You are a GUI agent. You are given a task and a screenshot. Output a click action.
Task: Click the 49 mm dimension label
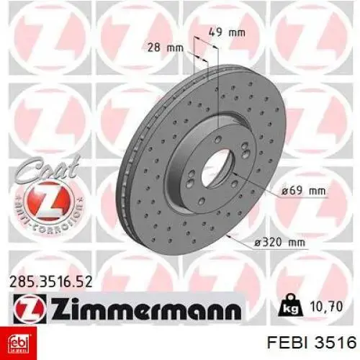tap(227, 32)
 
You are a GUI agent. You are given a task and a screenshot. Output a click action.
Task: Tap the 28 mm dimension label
tap(166, 48)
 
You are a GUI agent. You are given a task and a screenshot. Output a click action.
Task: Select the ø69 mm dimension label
tap(303, 191)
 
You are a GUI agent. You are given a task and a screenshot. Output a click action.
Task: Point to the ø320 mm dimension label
tap(279, 243)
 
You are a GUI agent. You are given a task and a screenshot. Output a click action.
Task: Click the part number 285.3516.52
tap(50, 282)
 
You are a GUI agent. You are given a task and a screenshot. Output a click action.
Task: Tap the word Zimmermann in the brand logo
tap(145, 308)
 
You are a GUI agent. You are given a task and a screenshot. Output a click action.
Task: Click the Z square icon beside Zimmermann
tap(30, 309)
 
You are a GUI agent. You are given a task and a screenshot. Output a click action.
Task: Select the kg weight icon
tap(290, 306)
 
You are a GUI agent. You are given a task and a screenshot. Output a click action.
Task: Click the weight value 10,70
tap(325, 307)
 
